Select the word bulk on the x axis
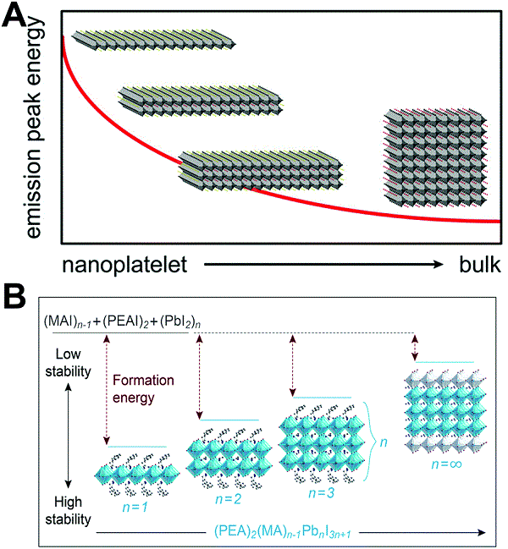click(478, 265)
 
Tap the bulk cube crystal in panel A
click(433, 157)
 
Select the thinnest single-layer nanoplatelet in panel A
click(152, 38)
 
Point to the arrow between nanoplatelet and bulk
click(323, 265)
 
